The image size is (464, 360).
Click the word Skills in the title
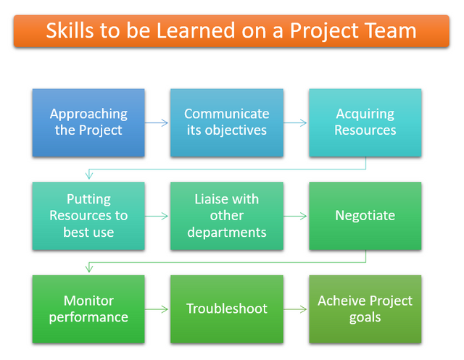tap(70, 30)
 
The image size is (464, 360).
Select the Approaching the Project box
tap(88, 122)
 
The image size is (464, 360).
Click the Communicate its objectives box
tap(227, 122)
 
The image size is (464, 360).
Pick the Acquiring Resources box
tap(365, 122)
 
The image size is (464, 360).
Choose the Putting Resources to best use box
tap(88, 216)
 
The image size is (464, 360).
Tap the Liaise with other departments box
tap(227, 216)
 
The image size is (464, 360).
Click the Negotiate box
tap(365, 216)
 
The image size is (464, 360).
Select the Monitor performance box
tap(88, 309)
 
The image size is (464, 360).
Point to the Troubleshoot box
tap(227, 309)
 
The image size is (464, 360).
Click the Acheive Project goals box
tap(365, 309)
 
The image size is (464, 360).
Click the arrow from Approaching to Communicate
tap(157, 122)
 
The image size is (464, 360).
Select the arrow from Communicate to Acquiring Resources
tap(295, 122)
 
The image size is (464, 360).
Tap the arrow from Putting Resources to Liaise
tap(157, 216)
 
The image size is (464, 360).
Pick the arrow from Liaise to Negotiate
tap(295, 216)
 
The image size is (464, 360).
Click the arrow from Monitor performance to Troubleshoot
tap(157, 309)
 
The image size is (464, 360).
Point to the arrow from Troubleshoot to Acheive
tap(295, 309)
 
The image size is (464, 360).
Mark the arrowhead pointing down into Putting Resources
tap(89, 175)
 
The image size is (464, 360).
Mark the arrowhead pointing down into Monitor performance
tap(89, 269)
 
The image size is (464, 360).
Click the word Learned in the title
tap(195, 30)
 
